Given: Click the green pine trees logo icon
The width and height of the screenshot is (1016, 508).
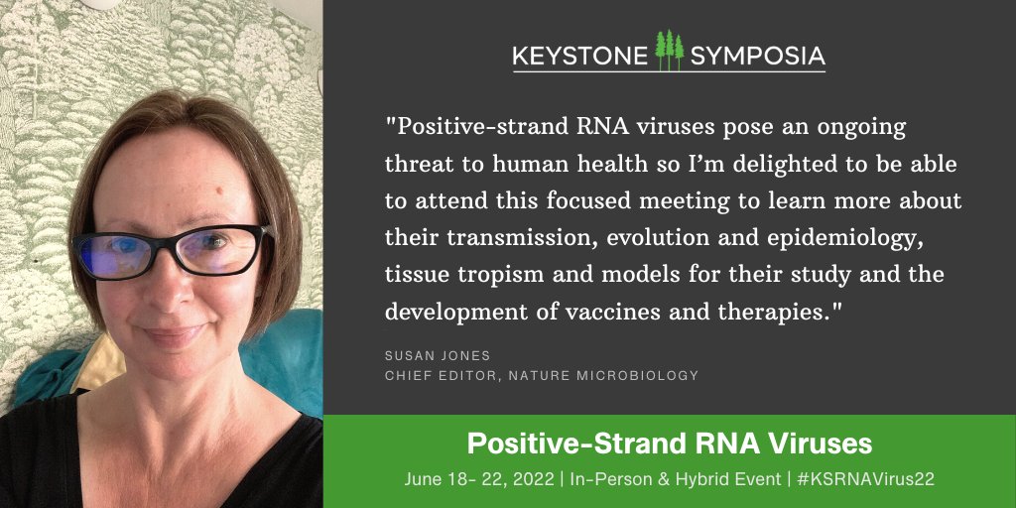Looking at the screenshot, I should (670, 50).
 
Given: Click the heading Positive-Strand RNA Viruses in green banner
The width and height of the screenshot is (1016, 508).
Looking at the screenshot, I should (670, 443).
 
